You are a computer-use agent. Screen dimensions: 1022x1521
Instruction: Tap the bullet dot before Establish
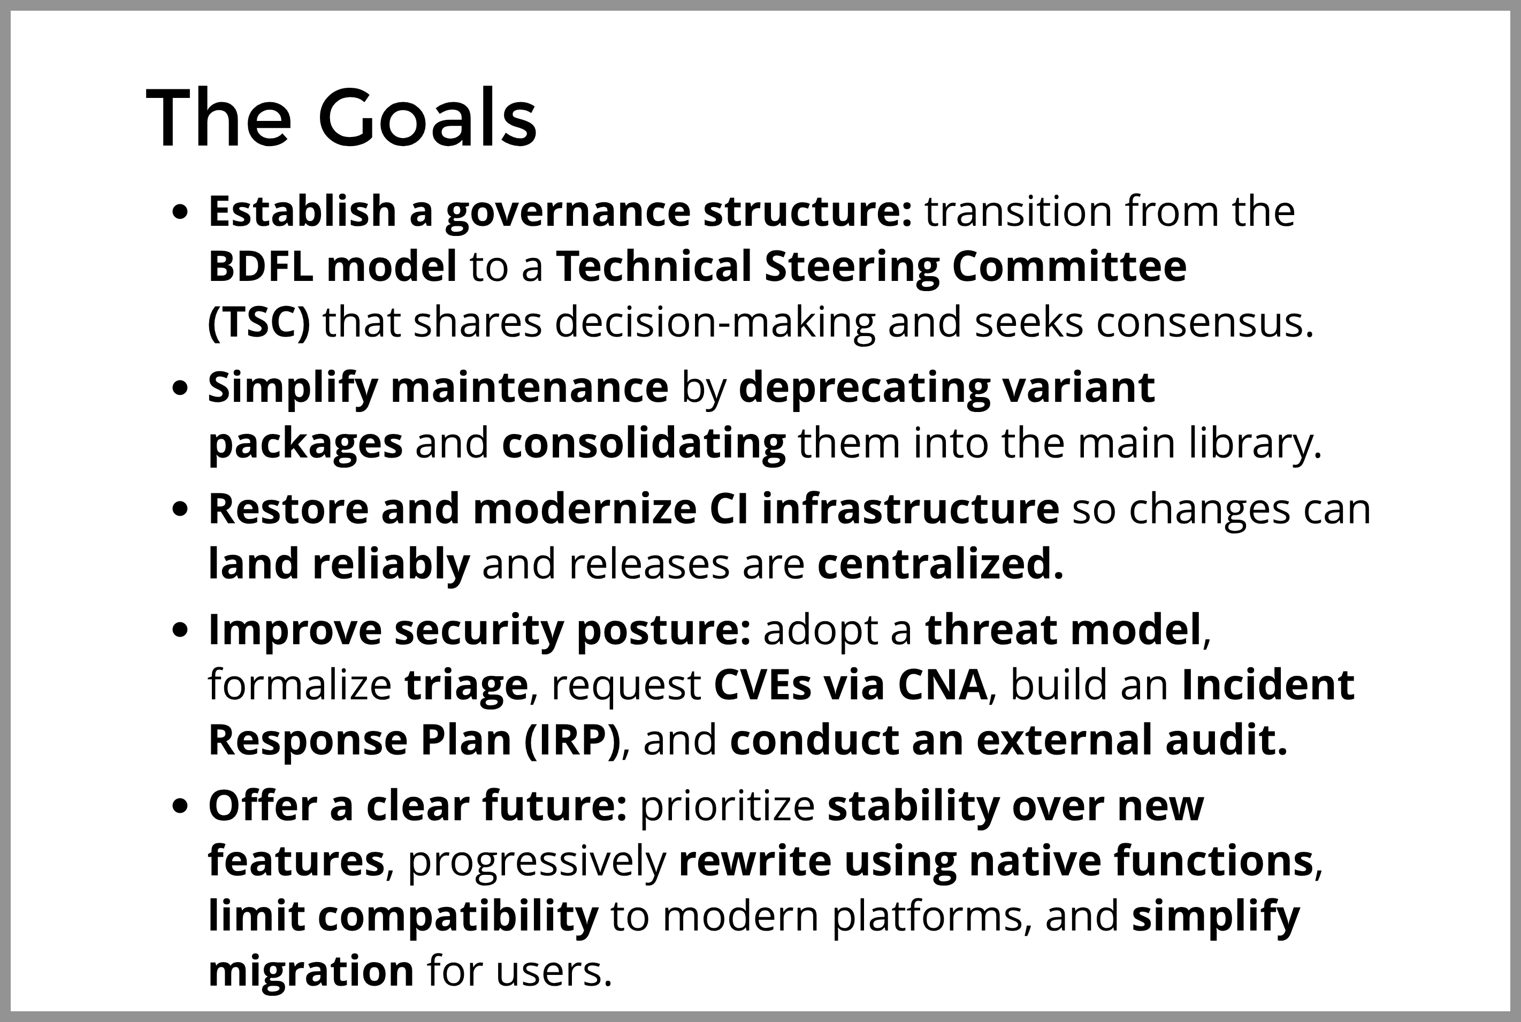tap(180, 212)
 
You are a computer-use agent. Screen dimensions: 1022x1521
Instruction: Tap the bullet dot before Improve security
tap(180, 631)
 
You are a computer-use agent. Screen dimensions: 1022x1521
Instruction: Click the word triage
tap(465, 685)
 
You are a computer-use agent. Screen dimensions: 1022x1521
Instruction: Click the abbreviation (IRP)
tap(571, 741)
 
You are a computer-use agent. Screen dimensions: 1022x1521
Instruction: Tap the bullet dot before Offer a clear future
tap(180, 807)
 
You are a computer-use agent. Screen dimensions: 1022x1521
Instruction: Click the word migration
tap(311, 972)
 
